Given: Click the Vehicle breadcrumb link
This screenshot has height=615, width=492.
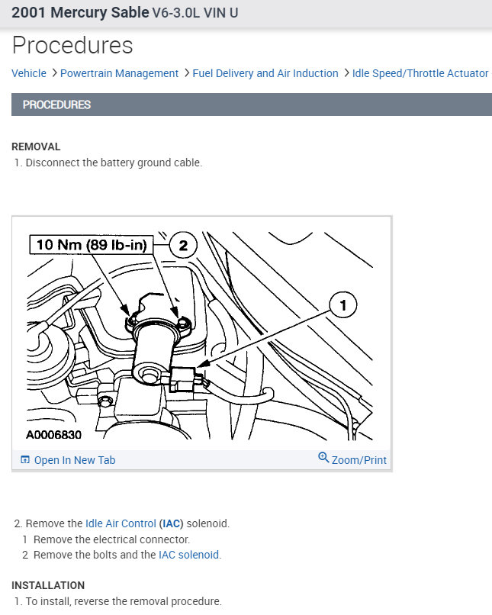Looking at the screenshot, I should tap(29, 73).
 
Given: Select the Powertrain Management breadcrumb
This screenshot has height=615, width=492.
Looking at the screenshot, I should tap(119, 73).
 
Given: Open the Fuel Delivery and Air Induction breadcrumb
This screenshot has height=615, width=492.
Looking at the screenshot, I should tap(265, 73).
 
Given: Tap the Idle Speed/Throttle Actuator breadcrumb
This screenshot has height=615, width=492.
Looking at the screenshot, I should tap(420, 73).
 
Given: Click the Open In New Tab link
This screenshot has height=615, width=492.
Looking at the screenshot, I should tap(75, 460).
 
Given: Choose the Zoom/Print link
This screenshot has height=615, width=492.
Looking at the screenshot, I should tap(359, 460).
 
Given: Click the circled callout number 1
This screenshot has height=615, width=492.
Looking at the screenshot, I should tap(342, 306).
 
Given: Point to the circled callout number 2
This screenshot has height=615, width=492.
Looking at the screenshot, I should tap(182, 246).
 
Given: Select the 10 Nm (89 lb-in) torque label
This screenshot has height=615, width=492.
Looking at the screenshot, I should tap(92, 245).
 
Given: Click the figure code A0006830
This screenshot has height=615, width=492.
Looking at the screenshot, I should tap(53, 434).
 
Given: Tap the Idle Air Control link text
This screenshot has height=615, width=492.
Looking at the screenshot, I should tap(121, 523).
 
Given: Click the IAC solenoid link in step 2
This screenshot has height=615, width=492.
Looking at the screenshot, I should tap(189, 555).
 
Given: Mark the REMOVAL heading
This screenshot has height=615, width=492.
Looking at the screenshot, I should tap(36, 147).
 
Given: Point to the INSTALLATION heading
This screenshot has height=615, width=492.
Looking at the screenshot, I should tap(48, 585).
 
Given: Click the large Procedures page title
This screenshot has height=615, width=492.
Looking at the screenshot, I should tap(72, 45).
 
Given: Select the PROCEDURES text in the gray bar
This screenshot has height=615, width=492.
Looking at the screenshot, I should tap(56, 105).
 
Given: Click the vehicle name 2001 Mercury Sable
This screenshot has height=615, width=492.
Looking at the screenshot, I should tap(80, 13).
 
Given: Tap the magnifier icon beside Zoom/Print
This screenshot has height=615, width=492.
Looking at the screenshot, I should tap(323, 458).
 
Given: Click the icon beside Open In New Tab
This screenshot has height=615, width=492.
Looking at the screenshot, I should tap(25, 460).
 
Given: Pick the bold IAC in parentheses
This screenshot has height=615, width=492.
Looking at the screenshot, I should tap(171, 523).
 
